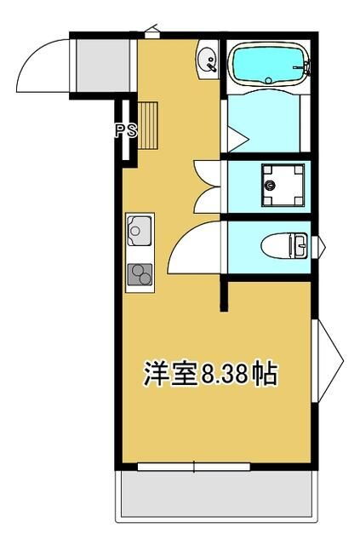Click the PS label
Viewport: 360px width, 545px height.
126,131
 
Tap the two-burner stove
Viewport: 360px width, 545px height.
139,274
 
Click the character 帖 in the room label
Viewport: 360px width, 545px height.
265,373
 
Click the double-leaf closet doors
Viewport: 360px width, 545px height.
209,186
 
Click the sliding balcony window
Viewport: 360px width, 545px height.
193,466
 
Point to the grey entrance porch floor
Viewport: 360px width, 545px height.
94,65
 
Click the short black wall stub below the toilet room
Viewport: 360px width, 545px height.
225,294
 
